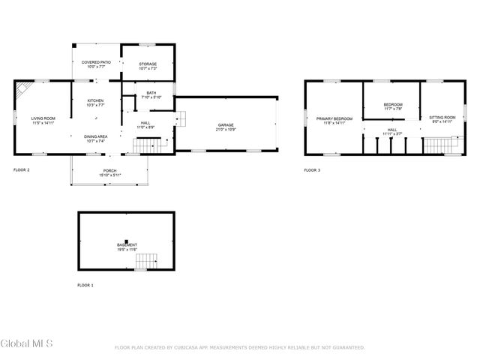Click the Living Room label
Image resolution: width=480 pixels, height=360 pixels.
(x=43, y=118)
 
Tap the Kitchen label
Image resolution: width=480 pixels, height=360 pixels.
(x=95, y=101)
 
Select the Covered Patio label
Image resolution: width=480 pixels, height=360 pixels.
(x=96, y=63)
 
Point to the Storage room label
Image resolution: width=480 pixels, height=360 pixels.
(x=148, y=64)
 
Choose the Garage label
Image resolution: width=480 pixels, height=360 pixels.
(x=226, y=124)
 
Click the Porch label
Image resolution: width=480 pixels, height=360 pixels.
(x=109, y=171)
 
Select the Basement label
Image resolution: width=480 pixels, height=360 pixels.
(x=127, y=245)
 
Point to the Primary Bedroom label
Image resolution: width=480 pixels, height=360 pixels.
(x=334, y=118)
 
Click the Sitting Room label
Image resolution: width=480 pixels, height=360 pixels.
(x=442, y=118)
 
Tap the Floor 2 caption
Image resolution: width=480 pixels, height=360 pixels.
(x=22, y=170)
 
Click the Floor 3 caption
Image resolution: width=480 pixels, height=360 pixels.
(x=312, y=170)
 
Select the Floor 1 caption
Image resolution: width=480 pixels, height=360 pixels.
(x=85, y=286)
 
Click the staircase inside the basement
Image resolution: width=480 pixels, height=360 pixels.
(x=146, y=261)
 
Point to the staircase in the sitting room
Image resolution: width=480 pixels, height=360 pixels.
(x=441, y=144)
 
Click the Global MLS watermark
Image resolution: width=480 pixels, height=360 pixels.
(x=26, y=344)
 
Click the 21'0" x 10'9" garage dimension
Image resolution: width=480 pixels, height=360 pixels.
(x=226, y=130)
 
